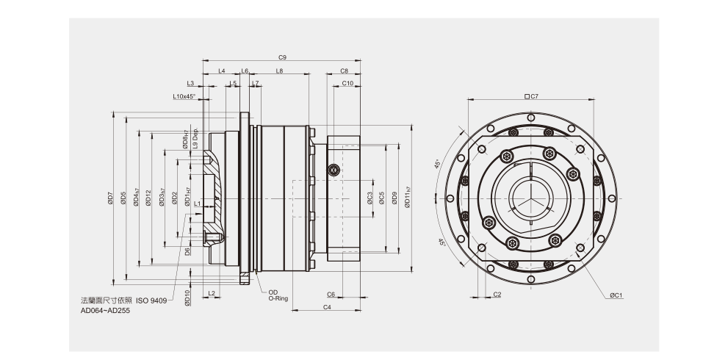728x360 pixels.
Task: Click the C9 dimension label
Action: click(x=282, y=57)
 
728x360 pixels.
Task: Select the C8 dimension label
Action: click(x=345, y=71)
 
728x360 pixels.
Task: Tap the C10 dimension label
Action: click(x=347, y=84)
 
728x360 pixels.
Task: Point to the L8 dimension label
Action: click(x=279, y=71)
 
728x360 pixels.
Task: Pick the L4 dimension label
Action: click(x=222, y=71)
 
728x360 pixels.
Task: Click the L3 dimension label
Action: click(x=190, y=84)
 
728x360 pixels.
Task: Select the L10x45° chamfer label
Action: click(x=184, y=96)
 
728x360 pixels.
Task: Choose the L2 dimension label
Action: click(x=212, y=293)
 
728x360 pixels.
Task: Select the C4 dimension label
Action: click(x=326, y=306)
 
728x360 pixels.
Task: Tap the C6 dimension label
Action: click(x=331, y=294)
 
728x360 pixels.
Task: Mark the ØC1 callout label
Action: click(x=616, y=295)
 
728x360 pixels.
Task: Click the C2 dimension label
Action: click(x=497, y=294)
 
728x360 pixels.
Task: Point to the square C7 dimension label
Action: click(x=532, y=96)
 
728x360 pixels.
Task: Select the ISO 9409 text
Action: click(x=151, y=300)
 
